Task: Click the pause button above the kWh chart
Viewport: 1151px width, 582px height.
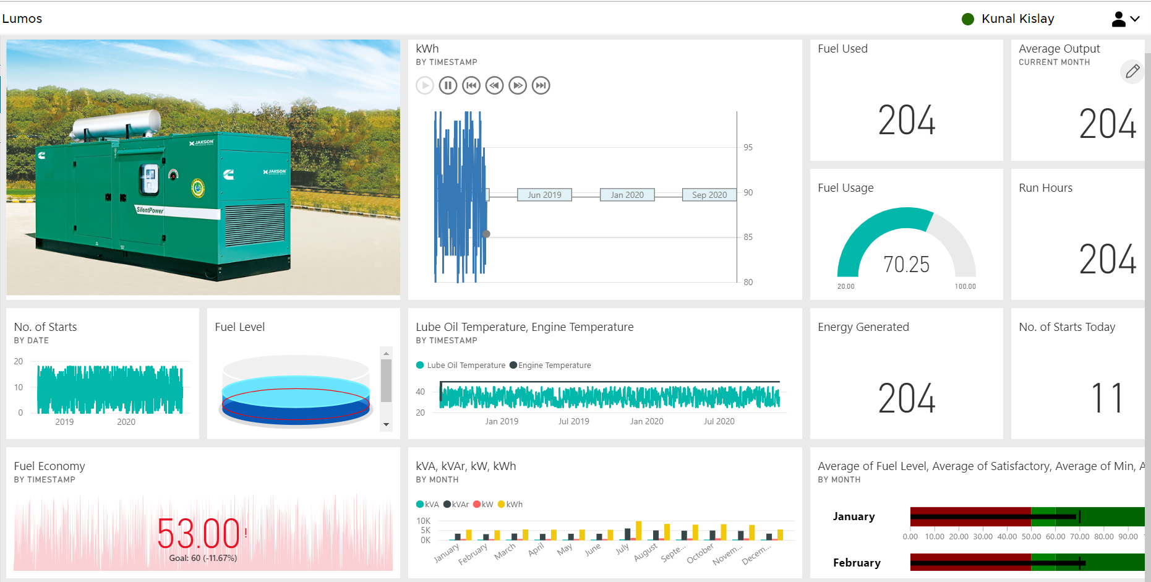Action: click(x=448, y=85)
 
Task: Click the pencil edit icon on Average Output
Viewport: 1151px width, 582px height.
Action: click(x=1132, y=72)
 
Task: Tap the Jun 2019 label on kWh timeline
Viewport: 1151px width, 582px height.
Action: click(x=544, y=195)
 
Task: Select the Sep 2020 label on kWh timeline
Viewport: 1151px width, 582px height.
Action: click(x=709, y=195)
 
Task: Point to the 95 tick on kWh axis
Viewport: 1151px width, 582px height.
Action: click(x=748, y=148)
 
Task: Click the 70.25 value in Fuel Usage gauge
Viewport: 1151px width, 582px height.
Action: click(x=906, y=265)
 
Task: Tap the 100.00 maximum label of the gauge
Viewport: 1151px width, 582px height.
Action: click(x=965, y=286)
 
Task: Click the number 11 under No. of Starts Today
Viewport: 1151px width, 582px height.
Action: click(x=1106, y=398)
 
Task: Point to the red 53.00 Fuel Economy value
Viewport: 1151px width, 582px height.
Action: click(x=199, y=533)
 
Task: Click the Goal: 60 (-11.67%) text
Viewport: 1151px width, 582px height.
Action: click(x=203, y=558)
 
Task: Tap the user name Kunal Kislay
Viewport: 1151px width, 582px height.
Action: click(x=1017, y=19)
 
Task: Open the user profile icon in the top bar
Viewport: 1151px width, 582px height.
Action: click(x=1118, y=19)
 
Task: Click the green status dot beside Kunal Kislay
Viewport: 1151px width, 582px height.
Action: click(x=968, y=19)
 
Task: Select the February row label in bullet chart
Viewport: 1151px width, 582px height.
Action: click(x=856, y=563)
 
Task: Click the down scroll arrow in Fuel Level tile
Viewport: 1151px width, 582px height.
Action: click(x=386, y=424)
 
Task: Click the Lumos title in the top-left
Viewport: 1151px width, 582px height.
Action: click(x=22, y=19)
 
